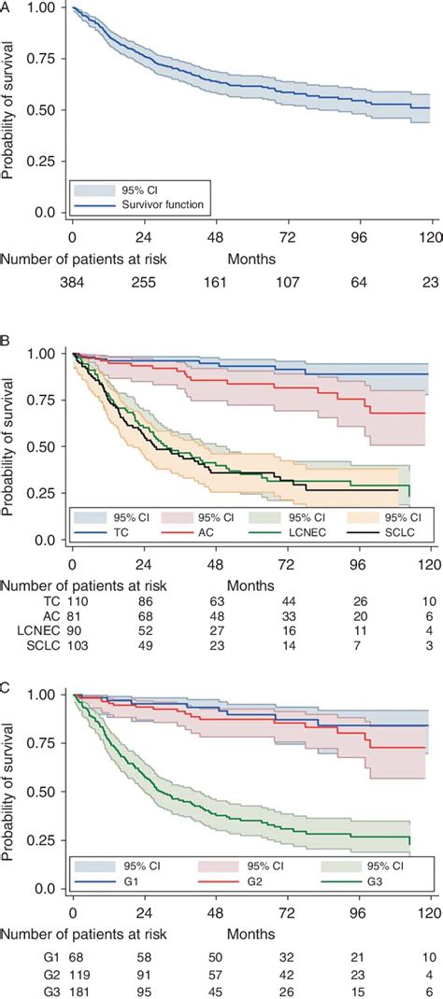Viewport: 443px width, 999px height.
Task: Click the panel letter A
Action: click(7, 7)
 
